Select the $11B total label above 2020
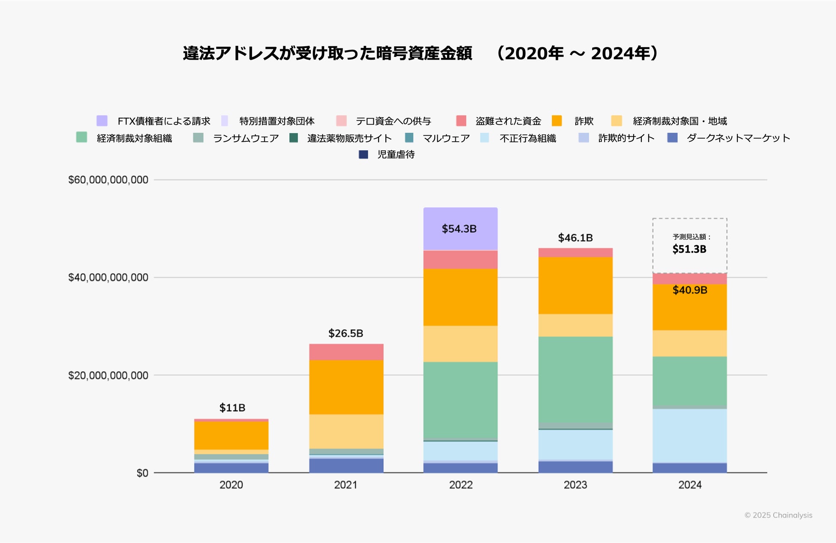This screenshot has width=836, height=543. point(232,408)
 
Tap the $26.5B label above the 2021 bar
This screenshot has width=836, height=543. point(346,333)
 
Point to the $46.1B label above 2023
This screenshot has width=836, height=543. point(575,238)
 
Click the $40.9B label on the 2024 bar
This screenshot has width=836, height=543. point(690,290)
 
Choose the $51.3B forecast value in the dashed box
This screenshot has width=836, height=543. point(689,249)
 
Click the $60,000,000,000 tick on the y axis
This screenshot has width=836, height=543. point(108,180)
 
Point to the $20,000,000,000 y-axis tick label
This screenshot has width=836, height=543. point(108,376)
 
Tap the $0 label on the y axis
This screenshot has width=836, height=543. point(142,473)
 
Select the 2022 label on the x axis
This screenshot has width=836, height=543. point(460,485)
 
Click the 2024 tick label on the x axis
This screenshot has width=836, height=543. point(690,485)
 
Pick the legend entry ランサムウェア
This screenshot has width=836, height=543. point(246,138)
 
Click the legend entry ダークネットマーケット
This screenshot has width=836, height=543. point(738,138)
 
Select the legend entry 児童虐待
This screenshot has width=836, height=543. point(396,155)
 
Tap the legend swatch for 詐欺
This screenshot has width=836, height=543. point(557,121)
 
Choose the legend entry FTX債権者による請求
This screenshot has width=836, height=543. point(164,121)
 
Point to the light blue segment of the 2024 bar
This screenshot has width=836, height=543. point(690,436)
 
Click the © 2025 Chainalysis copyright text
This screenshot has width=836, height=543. point(778,515)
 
